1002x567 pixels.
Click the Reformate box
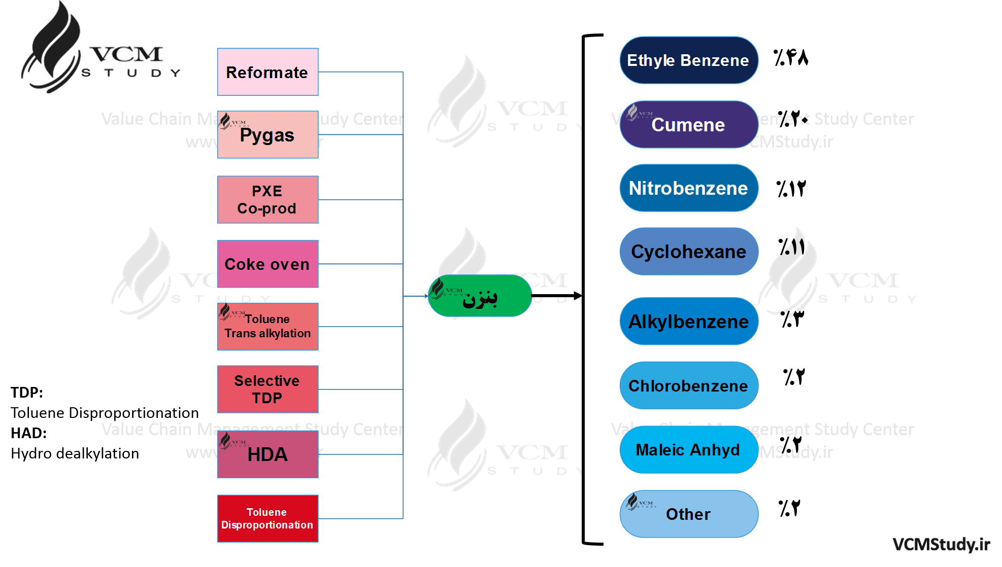coord(268,72)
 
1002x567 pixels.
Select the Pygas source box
coord(268,135)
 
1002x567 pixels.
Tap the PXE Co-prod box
coord(268,200)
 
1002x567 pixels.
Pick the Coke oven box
coord(268,264)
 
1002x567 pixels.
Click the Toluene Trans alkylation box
coord(268,327)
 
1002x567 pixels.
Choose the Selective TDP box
coord(268,389)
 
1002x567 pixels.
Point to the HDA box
coord(268,454)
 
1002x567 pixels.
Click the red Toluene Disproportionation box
coord(268,518)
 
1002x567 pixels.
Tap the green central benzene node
coord(480,296)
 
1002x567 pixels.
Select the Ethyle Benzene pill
coord(689,60)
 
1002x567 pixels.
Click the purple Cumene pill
coord(689,125)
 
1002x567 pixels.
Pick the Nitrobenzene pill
coord(689,188)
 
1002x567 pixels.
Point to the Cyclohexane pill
coord(689,252)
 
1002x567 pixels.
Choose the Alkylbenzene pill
coord(689,322)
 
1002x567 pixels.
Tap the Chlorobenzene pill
coord(689,385)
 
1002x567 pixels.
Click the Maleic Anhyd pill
coord(689,450)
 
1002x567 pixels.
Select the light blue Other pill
coord(689,514)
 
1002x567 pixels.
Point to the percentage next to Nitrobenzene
coord(791,189)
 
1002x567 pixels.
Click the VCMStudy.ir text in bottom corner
coord(941,544)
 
